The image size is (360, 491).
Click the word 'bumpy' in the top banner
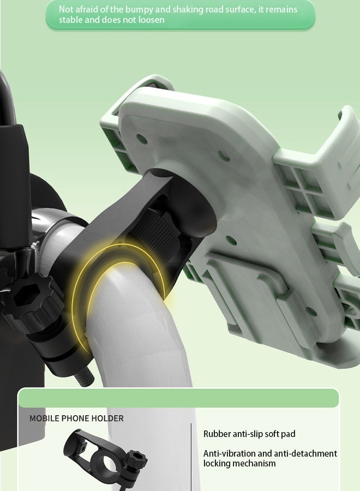pyautogui.click(x=139, y=10)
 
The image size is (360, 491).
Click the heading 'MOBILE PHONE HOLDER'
pyautogui.click(x=76, y=418)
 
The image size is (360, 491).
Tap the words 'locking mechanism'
pyautogui.click(x=239, y=463)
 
